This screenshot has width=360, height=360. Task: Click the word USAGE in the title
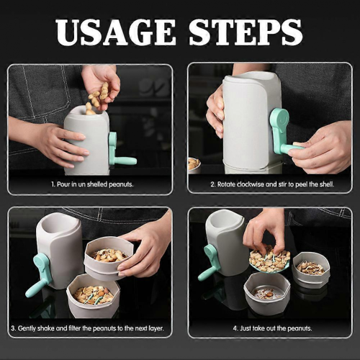pyautogui.click(x=115, y=32)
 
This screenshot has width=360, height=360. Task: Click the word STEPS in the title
pyautogui.click(x=246, y=32)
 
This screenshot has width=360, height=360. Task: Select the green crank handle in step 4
pyautogui.click(x=210, y=261)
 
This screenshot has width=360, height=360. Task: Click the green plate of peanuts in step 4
pyautogui.click(x=269, y=261)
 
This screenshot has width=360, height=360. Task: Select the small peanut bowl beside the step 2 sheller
pyautogui.click(x=194, y=166)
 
